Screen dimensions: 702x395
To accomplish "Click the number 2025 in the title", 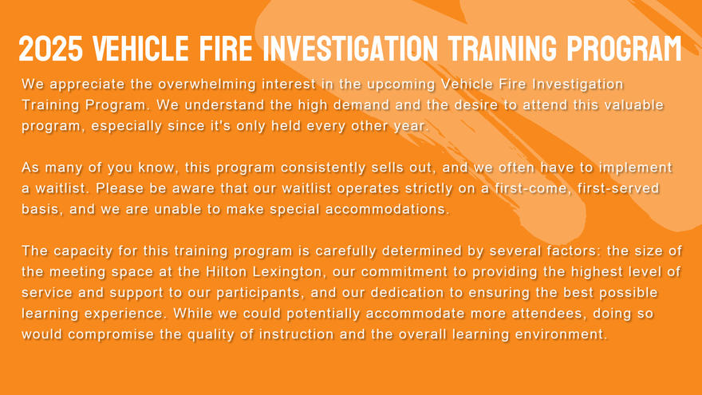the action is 51,49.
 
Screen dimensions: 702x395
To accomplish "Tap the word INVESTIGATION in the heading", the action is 350,49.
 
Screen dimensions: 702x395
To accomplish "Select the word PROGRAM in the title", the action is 624,49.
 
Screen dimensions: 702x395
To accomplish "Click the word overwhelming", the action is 207,85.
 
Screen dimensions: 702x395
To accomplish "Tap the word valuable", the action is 634,105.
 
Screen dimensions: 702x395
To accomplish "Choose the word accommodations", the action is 387,209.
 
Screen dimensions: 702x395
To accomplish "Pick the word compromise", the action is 111,334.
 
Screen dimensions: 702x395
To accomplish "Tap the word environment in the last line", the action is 562,334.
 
